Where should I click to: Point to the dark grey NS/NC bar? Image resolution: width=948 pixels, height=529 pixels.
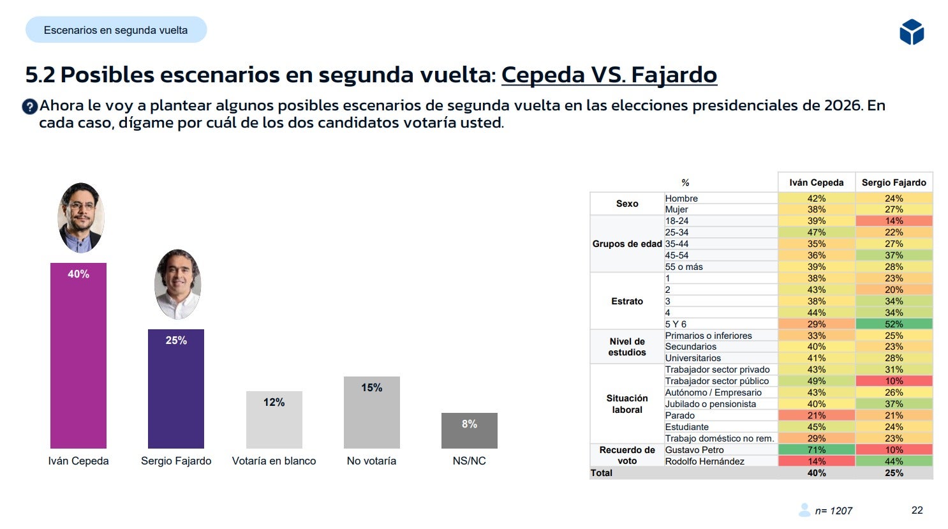(x=470, y=431)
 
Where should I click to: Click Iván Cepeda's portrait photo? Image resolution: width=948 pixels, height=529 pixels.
(x=80, y=218)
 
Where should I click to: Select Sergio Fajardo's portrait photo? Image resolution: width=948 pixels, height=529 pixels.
(x=177, y=284)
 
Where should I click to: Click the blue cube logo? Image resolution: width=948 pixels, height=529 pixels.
(x=912, y=32)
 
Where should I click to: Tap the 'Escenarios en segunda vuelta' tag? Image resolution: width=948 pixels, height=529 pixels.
(x=116, y=30)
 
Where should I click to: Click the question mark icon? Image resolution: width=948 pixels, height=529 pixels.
(x=29, y=107)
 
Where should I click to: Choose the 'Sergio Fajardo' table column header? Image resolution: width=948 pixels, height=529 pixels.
(x=894, y=183)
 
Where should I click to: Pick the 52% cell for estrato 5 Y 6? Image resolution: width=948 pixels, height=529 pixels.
(x=894, y=324)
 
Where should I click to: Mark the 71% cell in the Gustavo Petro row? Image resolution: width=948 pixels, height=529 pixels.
(x=817, y=450)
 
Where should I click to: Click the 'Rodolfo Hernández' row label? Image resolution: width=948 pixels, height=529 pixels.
(x=704, y=461)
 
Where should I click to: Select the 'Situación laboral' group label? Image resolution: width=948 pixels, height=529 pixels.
(x=627, y=404)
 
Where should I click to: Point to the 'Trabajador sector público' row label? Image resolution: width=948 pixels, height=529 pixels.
(x=717, y=381)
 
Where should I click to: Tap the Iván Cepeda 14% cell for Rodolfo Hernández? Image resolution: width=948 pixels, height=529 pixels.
(x=817, y=461)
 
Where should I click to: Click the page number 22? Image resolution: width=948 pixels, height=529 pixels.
(x=917, y=510)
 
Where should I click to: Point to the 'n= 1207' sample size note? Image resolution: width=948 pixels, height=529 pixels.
(x=833, y=510)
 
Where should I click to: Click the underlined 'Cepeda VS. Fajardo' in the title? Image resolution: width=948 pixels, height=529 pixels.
(x=609, y=75)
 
